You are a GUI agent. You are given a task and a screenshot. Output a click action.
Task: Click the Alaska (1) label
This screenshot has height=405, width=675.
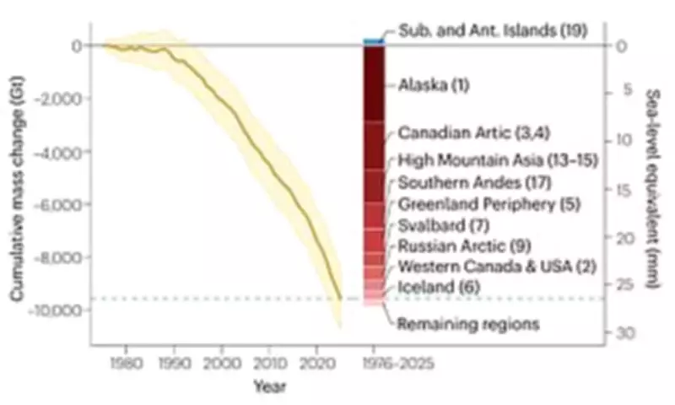coord(433,85)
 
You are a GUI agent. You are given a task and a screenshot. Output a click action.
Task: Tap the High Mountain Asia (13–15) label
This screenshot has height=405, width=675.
coord(497,159)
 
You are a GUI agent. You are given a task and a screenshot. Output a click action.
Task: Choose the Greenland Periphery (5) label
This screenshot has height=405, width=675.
coord(488,204)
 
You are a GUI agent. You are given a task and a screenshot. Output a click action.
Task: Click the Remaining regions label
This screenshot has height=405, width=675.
coord(468,323)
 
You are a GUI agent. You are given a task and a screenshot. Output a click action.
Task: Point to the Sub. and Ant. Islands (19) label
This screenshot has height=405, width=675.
coord(494,31)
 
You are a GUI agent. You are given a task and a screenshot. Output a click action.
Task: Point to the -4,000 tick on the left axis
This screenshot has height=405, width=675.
coord(60,152)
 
